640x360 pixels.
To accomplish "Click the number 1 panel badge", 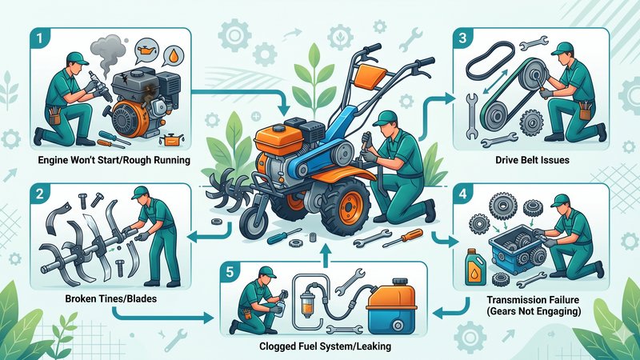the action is (39, 38).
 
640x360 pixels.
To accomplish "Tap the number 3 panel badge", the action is (462, 38).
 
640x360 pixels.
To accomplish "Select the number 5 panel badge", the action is (230, 271).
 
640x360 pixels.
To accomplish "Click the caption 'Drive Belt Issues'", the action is (532, 159).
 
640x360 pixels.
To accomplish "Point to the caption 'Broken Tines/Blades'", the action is (110, 298).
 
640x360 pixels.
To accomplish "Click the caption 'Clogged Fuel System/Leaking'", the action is (325, 346).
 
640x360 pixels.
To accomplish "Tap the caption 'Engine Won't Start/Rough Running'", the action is (114, 159).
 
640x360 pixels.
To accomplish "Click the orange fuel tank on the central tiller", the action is (274, 138).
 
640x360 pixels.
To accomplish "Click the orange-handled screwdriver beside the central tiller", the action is (402, 238).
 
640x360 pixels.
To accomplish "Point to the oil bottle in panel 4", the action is (475, 267).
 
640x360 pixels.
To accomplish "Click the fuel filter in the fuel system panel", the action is (306, 306).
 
